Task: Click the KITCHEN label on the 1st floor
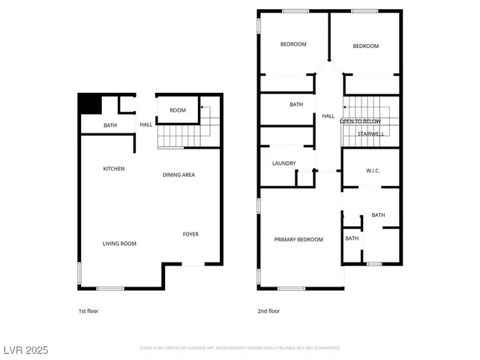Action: click(114, 169)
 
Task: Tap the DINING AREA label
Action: click(179, 175)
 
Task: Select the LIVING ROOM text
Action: click(119, 244)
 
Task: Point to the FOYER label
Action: click(190, 235)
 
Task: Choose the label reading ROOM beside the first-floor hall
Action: click(178, 110)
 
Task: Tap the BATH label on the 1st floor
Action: click(110, 125)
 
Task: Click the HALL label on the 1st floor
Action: click(146, 124)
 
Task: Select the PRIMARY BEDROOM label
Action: click(298, 239)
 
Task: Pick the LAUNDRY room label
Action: click(283, 163)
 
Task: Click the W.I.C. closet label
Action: click(373, 171)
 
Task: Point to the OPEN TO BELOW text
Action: click(361, 121)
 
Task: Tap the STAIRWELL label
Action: click(370, 134)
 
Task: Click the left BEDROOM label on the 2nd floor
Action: click(293, 44)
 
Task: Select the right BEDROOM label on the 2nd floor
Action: click(366, 46)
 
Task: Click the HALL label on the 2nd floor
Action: click(328, 116)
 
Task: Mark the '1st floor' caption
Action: click(88, 310)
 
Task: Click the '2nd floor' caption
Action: click(269, 310)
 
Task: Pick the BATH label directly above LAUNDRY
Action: click(296, 104)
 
